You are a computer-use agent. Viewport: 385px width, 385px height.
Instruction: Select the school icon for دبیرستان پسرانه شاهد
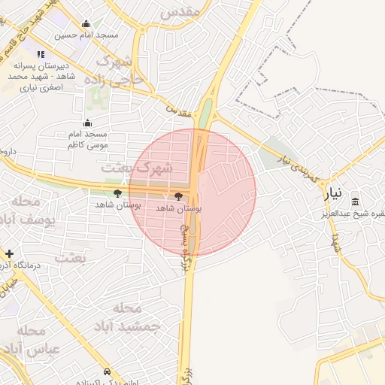pyautogui.click(x=40, y=54)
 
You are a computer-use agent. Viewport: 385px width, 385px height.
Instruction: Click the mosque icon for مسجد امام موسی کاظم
pyautogui.click(x=88, y=123)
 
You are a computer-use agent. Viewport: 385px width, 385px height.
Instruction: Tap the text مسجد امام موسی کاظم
pyautogui.click(x=88, y=138)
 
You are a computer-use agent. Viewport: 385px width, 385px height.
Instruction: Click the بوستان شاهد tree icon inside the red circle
pyautogui.click(x=178, y=196)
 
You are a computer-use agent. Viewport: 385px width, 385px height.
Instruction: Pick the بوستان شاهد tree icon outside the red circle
pyautogui.click(x=118, y=194)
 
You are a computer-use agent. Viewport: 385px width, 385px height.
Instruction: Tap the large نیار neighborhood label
pyautogui.click(x=333, y=193)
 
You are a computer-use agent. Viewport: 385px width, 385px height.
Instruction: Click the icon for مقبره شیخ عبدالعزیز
pyautogui.click(x=356, y=200)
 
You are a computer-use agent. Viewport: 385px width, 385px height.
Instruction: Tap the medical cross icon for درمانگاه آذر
pyautogui.click(x=9, y=254)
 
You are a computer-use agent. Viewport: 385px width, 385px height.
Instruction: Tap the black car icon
pyautogui.click(x=108, y=372)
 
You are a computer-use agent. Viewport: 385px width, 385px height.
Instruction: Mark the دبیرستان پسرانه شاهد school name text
pyautogui.click(x=40, y=77)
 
